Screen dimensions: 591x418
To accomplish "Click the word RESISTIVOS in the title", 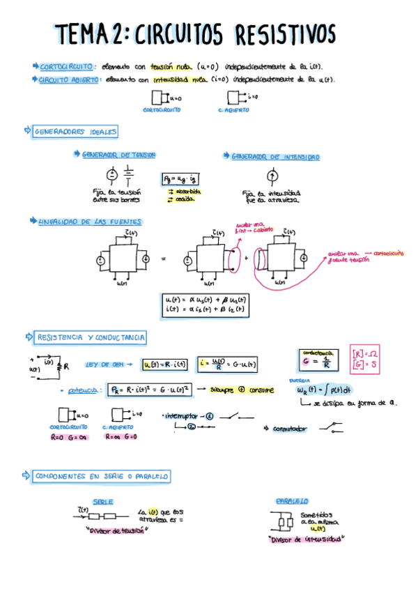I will [x=285, y=34].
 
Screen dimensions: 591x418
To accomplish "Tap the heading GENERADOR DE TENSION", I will [x=118, y=154].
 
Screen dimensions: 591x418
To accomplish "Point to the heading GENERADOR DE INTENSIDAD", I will [x=275, y=158].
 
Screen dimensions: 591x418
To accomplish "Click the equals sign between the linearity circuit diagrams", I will [x=163, y=258].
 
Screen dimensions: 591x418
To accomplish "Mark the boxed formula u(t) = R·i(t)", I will [x=162, y=364].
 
